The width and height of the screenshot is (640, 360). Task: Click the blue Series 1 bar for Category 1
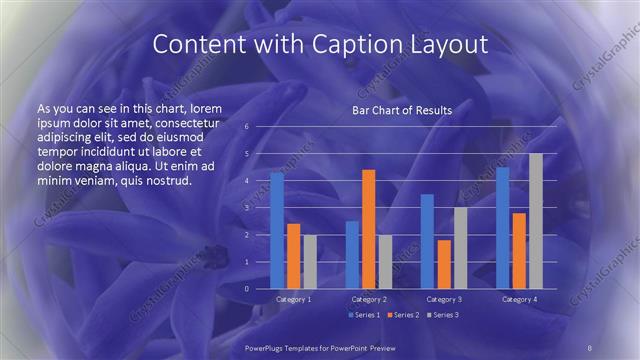click(277, 231)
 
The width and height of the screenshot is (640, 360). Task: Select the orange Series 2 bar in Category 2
click(368, 229)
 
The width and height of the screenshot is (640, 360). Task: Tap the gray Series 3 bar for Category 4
click(536, 221)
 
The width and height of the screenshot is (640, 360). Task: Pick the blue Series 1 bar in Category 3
click(427, 241)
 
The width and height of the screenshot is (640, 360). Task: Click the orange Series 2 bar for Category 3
click(443, 264)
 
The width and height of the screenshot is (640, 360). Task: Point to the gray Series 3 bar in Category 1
click(309, 261)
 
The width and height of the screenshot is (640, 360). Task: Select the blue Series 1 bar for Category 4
click(503, 228)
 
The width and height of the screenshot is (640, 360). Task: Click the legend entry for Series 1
click(363, 315)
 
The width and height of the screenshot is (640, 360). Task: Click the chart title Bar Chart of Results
click(402, 110)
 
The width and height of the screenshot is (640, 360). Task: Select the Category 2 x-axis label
click(368, 299)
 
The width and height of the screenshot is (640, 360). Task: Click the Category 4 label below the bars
click(519, 299)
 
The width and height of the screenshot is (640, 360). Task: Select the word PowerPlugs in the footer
click(268, 347)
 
